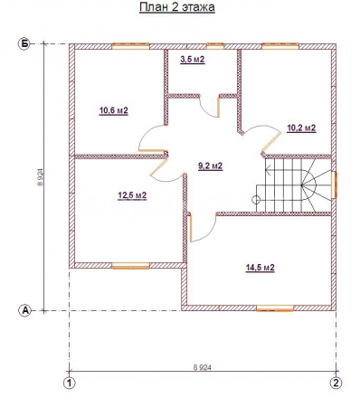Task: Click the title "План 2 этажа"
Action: click(177, 7)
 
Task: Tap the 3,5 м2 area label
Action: click(193, 60)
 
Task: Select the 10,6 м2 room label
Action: click(114, 110)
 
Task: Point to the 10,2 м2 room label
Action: click(301, 128)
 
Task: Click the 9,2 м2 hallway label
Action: click(211, 166)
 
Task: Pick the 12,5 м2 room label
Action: click(132, 195)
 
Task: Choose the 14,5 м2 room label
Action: click(260, 268)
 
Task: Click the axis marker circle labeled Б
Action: click(24, 44)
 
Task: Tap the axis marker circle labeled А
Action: click(25, 310)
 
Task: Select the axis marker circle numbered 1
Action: click(70, 383)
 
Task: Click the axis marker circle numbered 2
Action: click(336, 383)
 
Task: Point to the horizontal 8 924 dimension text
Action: click(202, 367)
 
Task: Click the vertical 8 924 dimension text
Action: click(40, 177)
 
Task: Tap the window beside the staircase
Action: click(334, 185)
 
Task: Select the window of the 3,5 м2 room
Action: click(215, 46)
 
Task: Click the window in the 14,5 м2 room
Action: click(275, 308)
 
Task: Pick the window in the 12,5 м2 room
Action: click(130, 266)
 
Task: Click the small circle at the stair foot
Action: click(256, 199)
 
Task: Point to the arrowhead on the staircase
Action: click(268, 169)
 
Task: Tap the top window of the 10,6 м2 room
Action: click(131, 46)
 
